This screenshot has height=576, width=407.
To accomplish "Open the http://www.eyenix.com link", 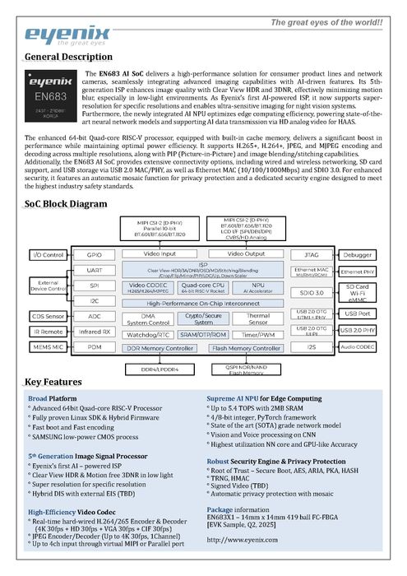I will point(242,541).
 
